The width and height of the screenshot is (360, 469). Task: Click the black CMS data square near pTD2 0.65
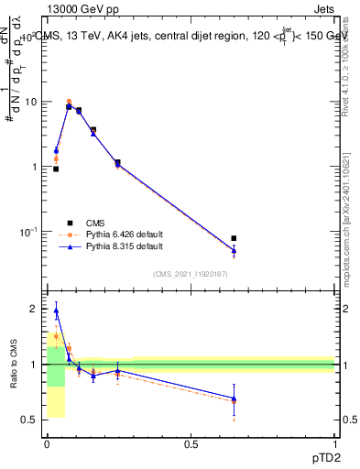pyautogui.click(x=235, y=238)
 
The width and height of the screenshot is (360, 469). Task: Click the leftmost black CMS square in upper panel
pyautogui.click(x=56, y=169)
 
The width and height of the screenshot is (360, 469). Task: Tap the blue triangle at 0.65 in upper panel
pyautogui.click(x=235, y=250)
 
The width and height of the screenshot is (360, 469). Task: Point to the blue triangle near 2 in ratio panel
pyautogui.click(x=56, y=311)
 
